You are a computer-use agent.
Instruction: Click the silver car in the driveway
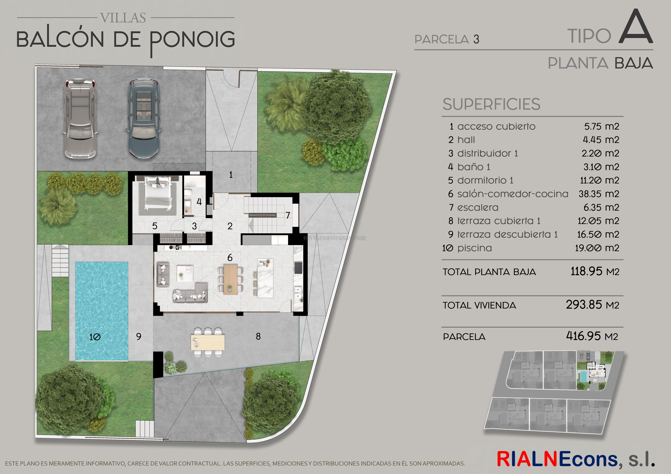click(80, 119)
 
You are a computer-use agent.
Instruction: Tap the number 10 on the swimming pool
click(95, 337)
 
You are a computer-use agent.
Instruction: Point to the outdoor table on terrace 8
click(208, 342)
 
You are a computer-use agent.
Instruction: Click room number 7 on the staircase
click(288, 215)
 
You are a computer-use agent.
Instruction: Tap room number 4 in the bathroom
click(199, 202)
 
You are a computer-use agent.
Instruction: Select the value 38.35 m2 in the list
click(599, 194)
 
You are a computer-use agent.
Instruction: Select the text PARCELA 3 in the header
click(447, 39)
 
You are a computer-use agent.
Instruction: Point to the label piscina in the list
click(474, 248)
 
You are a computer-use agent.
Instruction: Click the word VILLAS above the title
click(123, 18)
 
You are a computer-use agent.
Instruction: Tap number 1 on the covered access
click(231, 175)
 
